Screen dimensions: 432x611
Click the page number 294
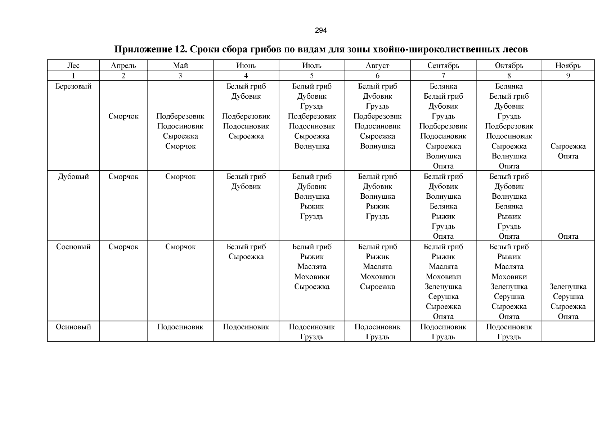(x=320, y=31)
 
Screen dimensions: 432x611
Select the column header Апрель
(x=123, y=66)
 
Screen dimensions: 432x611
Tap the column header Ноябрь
(x=568, y=66)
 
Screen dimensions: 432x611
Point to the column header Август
(x=377, y=66)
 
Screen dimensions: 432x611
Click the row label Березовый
(x=73, y=86)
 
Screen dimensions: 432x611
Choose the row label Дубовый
(x=73, y=177)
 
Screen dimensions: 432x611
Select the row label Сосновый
(x=73, y=247)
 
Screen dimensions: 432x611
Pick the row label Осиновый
(x=73, y=327)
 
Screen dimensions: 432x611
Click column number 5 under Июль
(x=312, y=76)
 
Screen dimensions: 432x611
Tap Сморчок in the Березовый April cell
(x=123, y=116)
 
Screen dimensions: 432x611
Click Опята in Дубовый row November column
(x=568, y=237)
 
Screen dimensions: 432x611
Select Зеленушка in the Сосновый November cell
(x=568, y=287)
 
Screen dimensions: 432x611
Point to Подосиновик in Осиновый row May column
(x=180, y=327)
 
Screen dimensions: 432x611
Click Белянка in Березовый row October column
(x=509, y=86)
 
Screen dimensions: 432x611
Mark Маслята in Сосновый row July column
(x=312, y=267)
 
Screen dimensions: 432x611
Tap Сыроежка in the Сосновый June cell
(x=246, y=257)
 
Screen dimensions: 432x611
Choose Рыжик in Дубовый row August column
(x=377, y=207)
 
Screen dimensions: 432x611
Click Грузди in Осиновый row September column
(x=443, y=337)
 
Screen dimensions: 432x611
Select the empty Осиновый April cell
(x=123, y=331)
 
